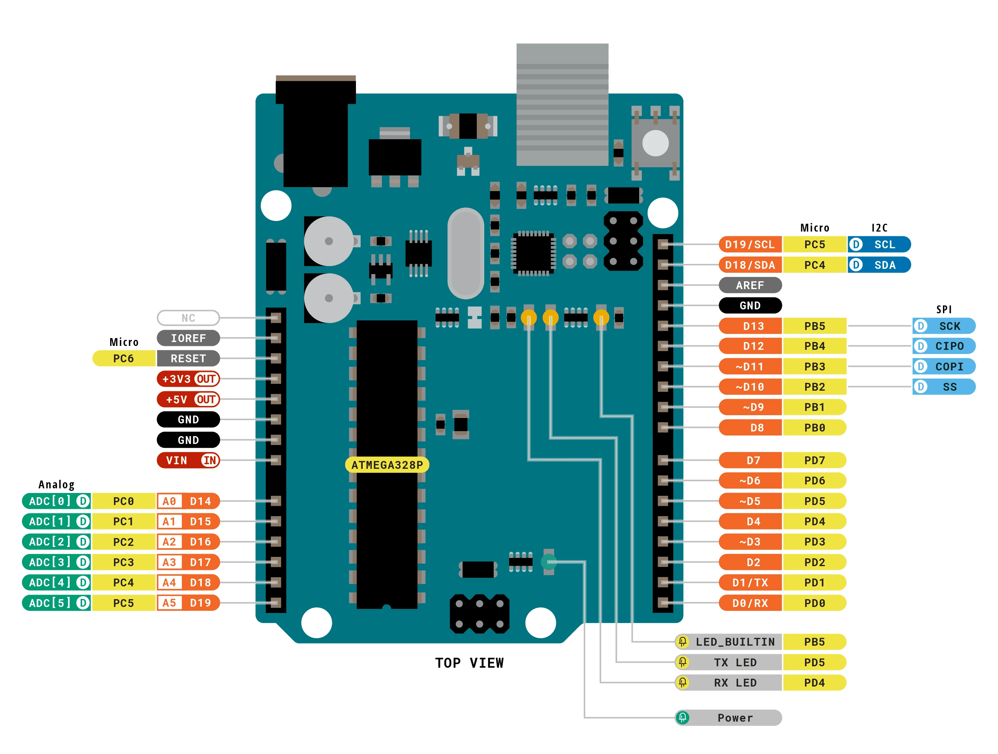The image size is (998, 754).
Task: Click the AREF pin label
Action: tap(750, 285)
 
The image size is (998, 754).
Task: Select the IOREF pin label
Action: tap(188, 338)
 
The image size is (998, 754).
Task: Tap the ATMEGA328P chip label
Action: tap(387, 465)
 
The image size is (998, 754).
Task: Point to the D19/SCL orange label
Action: tap(750, 244)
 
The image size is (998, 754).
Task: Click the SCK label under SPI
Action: tap(944, 326)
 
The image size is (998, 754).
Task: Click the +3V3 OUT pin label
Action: tap(188, 379)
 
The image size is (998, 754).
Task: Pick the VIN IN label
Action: tap(188, 460)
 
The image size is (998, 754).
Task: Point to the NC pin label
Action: tap(188, 318)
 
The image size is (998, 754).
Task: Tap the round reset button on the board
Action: tap(655, 143)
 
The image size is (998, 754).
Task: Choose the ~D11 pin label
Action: tap(750, 366)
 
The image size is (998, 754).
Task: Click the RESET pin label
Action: tap(188, 358)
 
